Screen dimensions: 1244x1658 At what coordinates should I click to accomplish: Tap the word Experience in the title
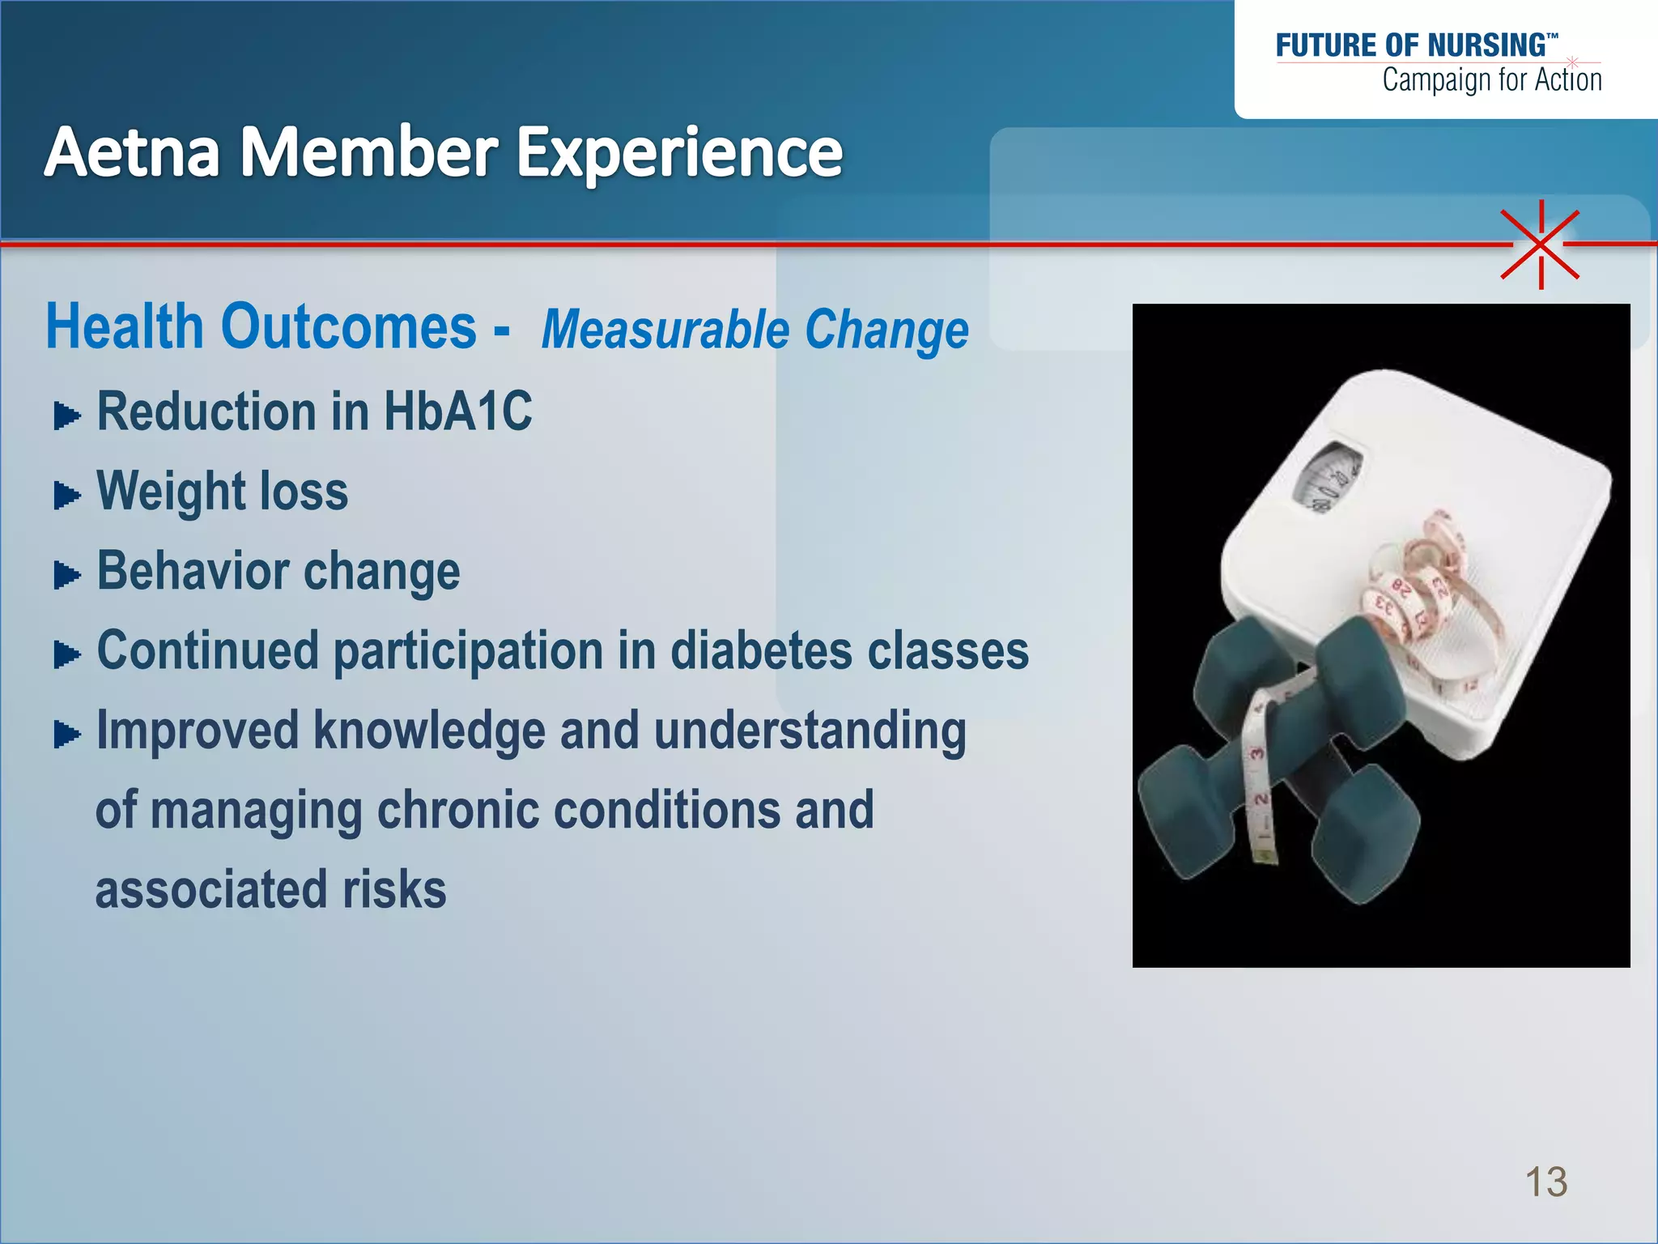[679, 154]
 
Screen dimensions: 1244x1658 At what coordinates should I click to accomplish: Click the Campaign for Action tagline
[1491, 80]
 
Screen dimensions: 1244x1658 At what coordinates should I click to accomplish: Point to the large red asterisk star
[1540, 244]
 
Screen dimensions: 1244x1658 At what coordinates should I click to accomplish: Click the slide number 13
[1545, 1182]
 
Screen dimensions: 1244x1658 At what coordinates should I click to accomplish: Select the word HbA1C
[457, 411]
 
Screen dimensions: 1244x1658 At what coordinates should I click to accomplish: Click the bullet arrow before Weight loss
[66, 495]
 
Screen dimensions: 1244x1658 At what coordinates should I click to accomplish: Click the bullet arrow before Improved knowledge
[66, 735]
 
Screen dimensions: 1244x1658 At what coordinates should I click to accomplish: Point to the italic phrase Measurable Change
[755, 330]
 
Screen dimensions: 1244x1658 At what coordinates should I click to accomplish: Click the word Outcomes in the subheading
[348, 327]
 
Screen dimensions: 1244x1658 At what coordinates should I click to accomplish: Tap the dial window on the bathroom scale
[1328, 478]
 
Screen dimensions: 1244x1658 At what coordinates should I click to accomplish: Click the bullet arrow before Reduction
[66, 416]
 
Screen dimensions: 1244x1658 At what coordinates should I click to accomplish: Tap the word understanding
[810, 731]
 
